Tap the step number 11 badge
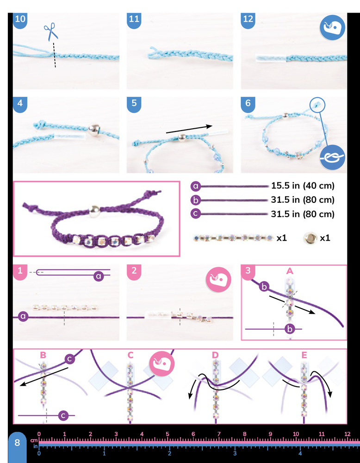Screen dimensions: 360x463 tap(134, 19)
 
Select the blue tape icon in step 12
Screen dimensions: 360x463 tap(333, 28)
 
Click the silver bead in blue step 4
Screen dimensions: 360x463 tap(93, 129)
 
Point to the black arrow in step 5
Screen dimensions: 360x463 tap(189, 130)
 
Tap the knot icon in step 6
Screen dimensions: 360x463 tap(332, 158)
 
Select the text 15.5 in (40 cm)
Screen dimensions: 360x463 tap(303, 186)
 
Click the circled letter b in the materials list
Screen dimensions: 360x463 tap(196, 200)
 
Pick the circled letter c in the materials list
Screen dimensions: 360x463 tap(196, 213)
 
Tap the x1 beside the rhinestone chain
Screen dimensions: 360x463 tap(282, 238)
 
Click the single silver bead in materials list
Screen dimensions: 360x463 tap(310, 238)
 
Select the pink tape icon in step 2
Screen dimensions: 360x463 tap(218, 280)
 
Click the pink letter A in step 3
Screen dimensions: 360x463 tap(290, 271)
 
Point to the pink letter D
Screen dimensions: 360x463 tap(215, 355)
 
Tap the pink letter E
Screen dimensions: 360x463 tap(304, 355)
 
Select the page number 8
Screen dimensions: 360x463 tap(17, 443)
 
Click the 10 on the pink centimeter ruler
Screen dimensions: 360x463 tap(296, 434)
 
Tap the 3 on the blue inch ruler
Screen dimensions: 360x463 tap(235, 453)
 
